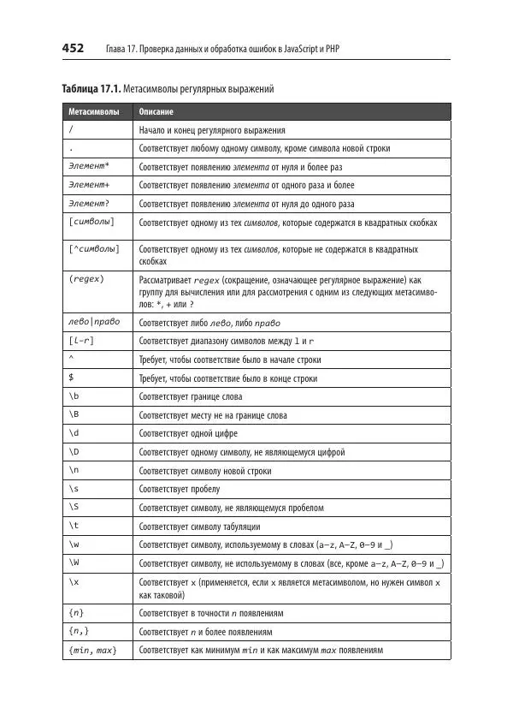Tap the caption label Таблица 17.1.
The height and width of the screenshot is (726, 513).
[x=91, y=88]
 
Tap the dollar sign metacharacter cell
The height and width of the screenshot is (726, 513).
[x=71, y=378]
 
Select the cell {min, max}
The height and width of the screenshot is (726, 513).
[x=94, y=651]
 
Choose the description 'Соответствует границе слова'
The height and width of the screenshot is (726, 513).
[x=190, y=396]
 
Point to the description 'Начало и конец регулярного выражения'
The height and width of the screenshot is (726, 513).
[x=212, y=130]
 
